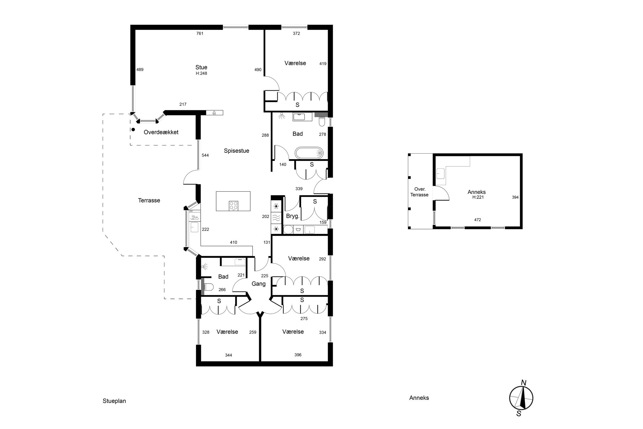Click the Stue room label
(x=201, y=67)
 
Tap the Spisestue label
(x=237, y=151)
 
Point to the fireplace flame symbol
(x=214, y=113)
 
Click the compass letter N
(x=523, y=383)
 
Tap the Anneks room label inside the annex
(x=476, y=192)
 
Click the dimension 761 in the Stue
(x=200, y=33)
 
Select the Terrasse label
(x=149, y=200)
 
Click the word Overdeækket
(x=161, y=132)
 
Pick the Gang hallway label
(x=259, y=284)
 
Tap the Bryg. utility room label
(x=293, y=216)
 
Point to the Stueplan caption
(x=114, y=401)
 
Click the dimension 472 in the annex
(x=477, y=220)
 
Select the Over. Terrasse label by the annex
(x=420, y=192)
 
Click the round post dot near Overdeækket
(x=133, y=130)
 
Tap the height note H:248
(x=201, y=74)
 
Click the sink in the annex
(x=440, y=173)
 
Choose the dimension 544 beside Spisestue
(x=205, y=155)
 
